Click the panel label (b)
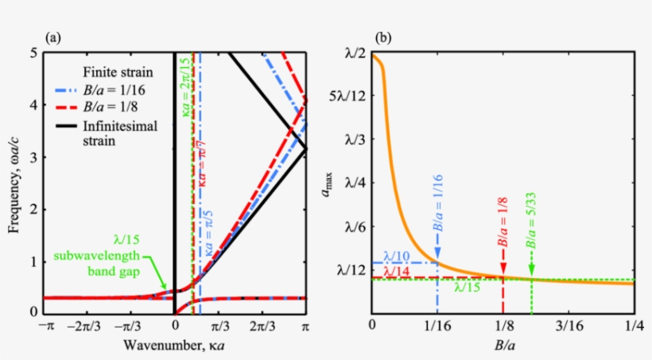[x=383, y=37]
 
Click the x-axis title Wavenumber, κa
[x=175, y=346]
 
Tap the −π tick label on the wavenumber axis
[x=45, y=327]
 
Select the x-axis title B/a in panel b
[x=503, y=346]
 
